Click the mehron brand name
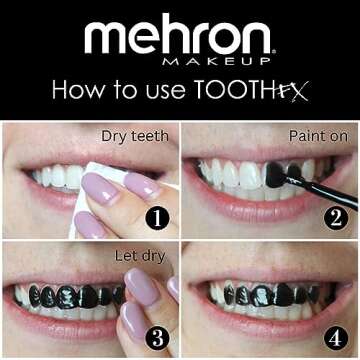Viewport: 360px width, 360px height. coord(179,38)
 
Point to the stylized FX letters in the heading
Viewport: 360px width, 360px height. coord(291,91)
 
